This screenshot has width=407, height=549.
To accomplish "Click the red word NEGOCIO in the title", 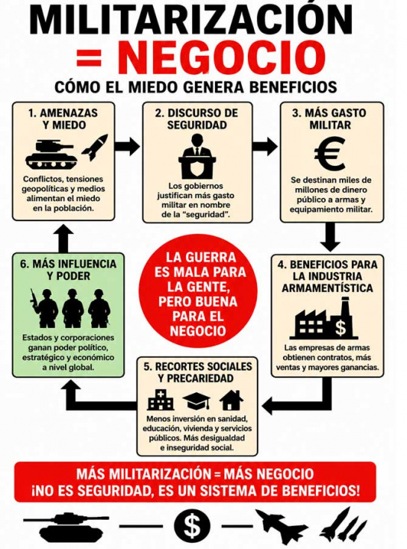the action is pos(221,58).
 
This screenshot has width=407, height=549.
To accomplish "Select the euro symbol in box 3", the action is pos(329,153).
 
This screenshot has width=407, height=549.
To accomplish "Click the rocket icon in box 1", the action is pos(95,147).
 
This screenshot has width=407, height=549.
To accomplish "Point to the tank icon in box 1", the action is pos(52,155).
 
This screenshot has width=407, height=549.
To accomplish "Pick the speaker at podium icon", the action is pos(197,156).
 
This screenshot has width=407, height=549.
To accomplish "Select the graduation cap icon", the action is pos(196,401).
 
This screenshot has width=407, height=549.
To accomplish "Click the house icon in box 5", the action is pos(232,400).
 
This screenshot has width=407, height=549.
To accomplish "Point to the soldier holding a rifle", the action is pos(43,308).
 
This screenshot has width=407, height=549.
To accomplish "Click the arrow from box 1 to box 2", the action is pos(128,146).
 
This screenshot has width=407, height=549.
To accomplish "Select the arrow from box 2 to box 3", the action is pos(265,146).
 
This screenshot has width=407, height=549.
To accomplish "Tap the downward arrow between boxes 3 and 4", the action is pos(330,237).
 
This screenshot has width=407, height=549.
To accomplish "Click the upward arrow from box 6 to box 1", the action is pos(63,237).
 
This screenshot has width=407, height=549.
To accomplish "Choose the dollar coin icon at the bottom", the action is pos(192,526).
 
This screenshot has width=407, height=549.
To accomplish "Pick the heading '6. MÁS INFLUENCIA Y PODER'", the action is pos(68,270).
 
